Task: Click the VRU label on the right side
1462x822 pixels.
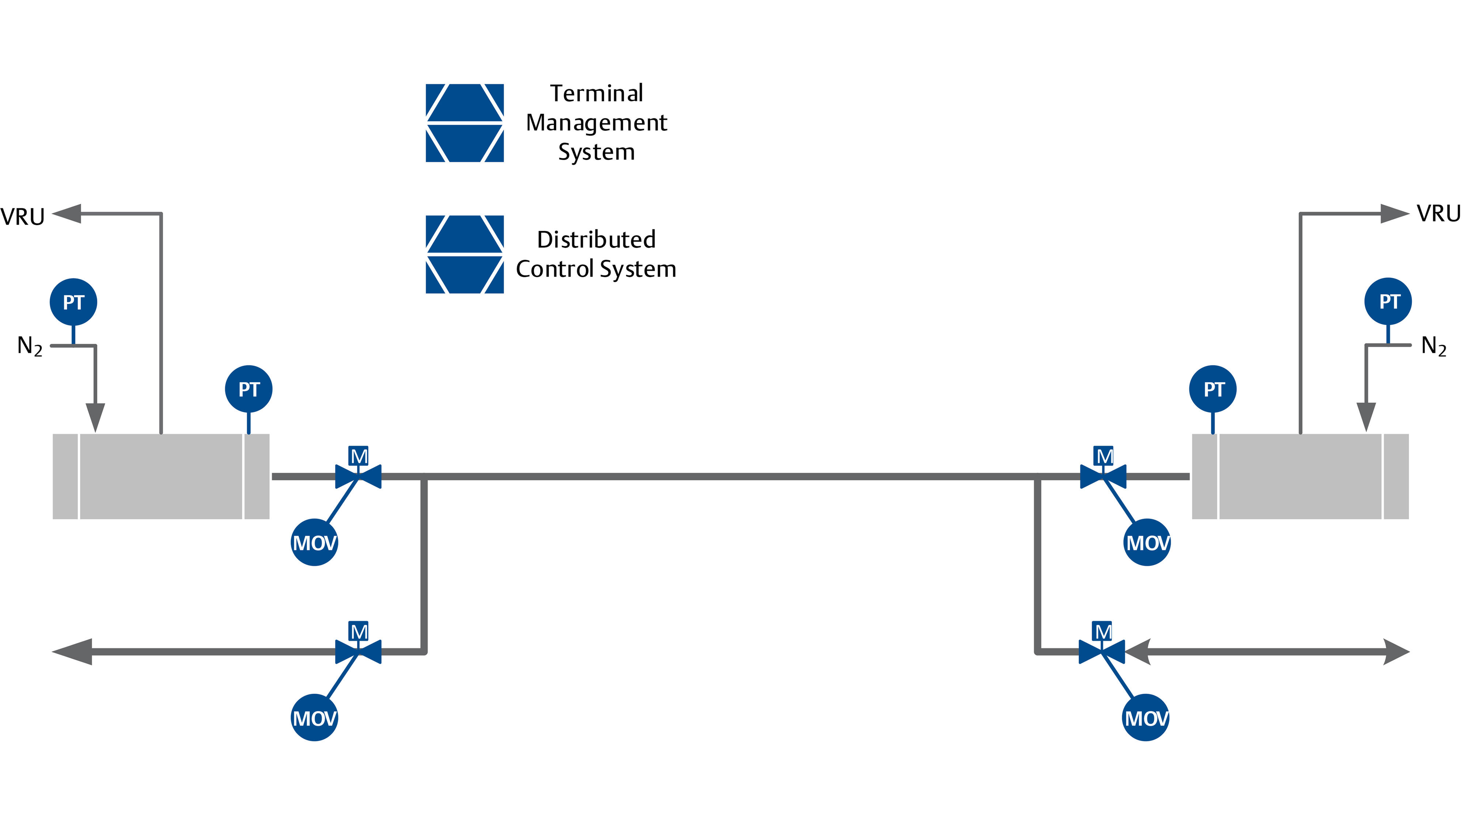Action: coord(1438,214)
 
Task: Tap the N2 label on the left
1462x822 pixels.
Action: coord(30,346)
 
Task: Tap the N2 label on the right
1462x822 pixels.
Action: coord(1433,346)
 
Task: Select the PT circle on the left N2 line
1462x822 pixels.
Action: coord(73,302)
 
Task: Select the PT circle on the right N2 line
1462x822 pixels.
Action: coord(1388,301)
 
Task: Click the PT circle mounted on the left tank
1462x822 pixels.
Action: coord(249,389)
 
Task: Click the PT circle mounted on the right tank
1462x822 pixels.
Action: coord(1213,389)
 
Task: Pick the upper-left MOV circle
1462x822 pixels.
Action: coord(314,542)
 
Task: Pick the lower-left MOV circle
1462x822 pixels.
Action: coord(314,718)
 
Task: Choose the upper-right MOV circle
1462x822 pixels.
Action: coord(1147,542)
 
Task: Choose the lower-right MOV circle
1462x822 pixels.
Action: coord(1145,718)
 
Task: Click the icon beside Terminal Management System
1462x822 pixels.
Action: coord(464,123)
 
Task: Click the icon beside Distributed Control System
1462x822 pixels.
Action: coord(464,254)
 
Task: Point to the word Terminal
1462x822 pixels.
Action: coord(596,94)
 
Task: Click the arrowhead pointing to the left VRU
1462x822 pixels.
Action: coord(67,214)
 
